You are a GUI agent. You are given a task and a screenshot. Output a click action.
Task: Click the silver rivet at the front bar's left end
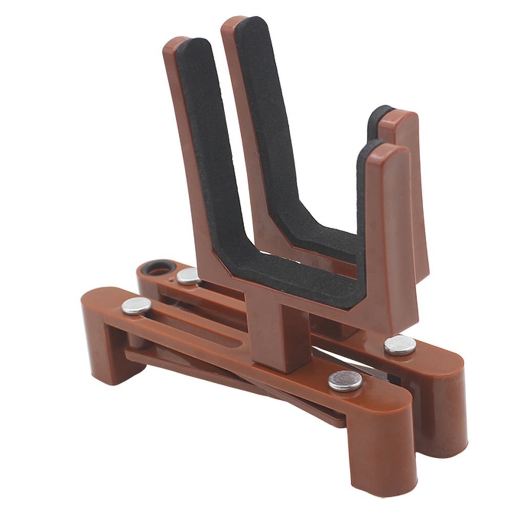click(x=136, y=306)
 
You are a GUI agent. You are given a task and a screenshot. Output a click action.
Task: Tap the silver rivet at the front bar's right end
click(x=345, y=381)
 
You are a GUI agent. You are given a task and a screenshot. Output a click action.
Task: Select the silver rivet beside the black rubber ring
click(x=188, y=276)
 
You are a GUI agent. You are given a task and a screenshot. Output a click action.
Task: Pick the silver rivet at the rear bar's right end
click(x=400, y=345)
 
